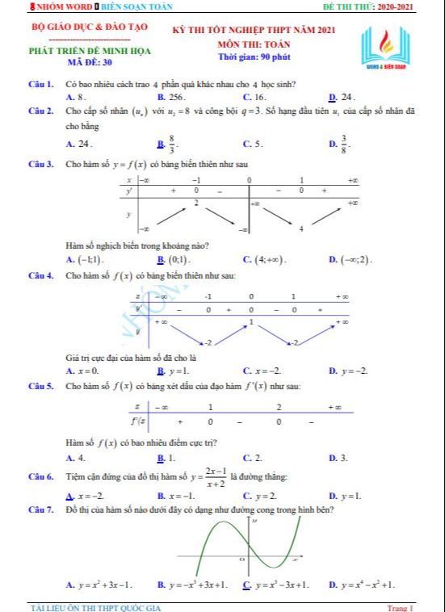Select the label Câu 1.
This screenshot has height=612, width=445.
coord(40,84)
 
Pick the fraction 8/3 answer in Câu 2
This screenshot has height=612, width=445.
coord(167,144)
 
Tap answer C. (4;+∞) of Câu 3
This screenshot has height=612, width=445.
coord(265,259)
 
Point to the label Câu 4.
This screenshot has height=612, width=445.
coord(40,276)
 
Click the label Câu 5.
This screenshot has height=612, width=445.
coord(40,387)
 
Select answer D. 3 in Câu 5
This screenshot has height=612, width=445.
coord(338,458)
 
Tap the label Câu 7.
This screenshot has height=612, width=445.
coord(40,510)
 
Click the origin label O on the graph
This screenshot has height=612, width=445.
coord(241,559)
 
